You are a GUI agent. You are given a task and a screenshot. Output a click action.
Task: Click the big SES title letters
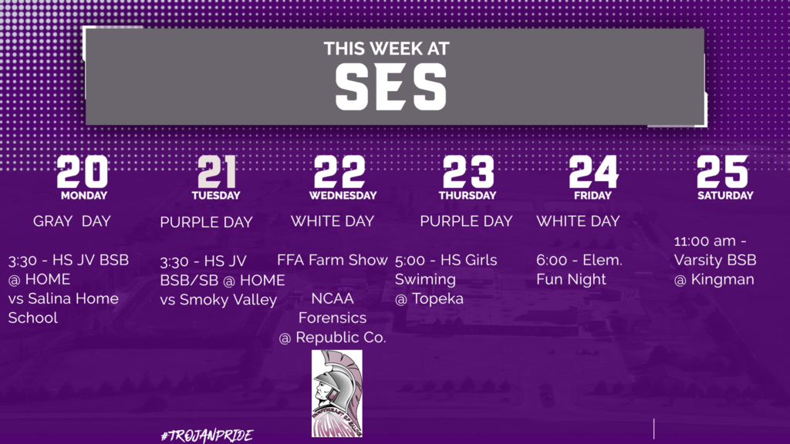[x=391, y=87]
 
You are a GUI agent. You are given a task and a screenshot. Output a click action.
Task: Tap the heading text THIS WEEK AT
[x=387, y=49]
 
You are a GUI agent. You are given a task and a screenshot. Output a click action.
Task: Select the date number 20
[x=83, y=171]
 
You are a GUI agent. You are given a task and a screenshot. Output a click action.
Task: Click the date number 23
[x=468, y=171]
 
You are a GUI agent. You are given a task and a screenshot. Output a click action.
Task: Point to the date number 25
[x=723, y=171]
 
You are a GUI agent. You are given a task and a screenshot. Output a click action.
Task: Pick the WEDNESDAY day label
[x=343, y=195]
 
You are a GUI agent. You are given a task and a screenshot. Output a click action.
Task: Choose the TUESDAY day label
[x=216, y=195]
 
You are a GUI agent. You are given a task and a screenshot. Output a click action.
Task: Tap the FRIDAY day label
[x=592, y=195]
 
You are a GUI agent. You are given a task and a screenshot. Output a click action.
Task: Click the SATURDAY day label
[x=725, y=195]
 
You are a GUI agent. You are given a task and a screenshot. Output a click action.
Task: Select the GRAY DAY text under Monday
[x=72, y=221]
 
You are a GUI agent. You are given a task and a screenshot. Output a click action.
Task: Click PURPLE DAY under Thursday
[x=466, y=221]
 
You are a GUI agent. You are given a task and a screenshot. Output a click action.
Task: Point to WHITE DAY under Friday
[x=578, y=221]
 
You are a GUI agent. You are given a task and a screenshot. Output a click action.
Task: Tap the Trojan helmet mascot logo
[x=336, y=394]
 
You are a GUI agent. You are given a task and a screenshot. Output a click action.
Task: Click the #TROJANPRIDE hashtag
[x=207, y=436]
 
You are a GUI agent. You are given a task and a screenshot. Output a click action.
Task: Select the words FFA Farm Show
[x=332, y=260]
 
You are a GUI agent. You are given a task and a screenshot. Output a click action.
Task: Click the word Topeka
[x=437, y=298]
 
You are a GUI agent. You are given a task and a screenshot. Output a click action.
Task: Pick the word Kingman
[x=722, y=280]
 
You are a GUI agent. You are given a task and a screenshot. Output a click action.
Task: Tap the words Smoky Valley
[x=228, y=300]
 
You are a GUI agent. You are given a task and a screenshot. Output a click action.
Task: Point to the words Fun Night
[x=571, y=279]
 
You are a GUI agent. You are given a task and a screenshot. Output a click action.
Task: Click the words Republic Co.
[x=340, y=338]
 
